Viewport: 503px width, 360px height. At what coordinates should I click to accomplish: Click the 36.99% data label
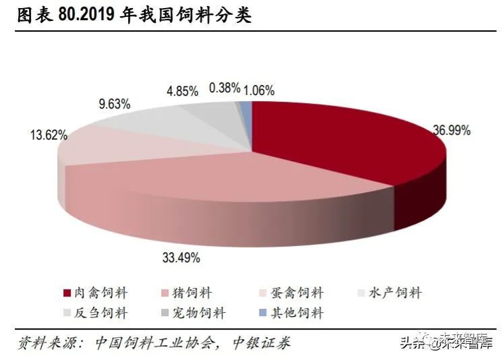tap(451, 130)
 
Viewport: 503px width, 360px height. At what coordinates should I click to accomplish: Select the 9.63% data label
tap(115, 104)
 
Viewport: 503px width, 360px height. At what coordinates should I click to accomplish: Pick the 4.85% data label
tap(182, 90)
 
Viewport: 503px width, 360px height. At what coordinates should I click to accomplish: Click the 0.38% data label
tap(225, 88)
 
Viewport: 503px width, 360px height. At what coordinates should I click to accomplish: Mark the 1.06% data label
tap(259, 90)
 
